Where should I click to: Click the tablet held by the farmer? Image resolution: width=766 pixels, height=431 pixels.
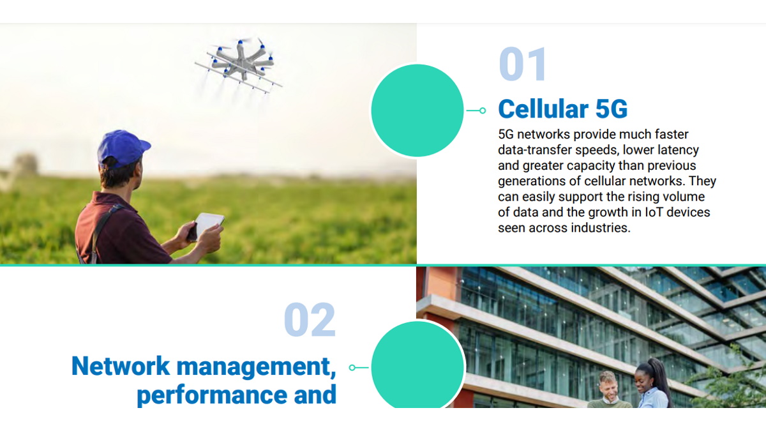point(207,224)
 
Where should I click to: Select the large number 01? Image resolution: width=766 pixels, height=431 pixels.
point(523,64)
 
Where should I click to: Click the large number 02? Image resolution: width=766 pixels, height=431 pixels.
point(310,321)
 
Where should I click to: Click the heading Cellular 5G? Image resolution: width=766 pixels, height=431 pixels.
point(562,109)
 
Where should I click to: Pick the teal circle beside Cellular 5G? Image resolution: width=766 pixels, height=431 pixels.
point(417,110)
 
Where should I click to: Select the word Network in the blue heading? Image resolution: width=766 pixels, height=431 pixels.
point(121,367)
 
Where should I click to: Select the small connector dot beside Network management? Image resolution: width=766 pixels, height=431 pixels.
point(352,368)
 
